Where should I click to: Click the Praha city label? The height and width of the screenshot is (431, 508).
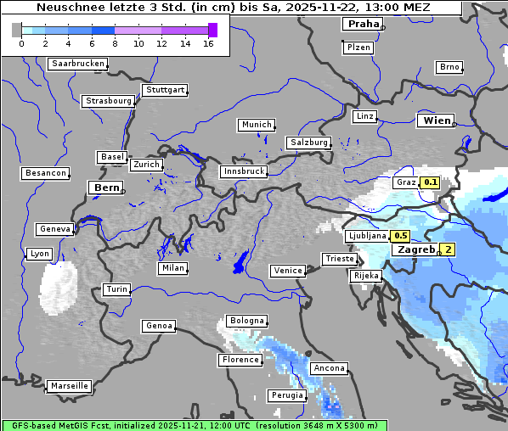click(363, 24)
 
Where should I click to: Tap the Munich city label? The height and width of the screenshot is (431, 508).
click(256, 125)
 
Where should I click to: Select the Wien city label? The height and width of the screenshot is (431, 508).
click(437, 121)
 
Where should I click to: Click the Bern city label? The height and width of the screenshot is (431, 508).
click(106, 188)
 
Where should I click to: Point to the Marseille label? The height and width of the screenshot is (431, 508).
click(69, 386)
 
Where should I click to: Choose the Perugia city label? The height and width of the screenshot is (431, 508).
click(286, 395)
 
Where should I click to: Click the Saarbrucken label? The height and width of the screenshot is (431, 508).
click(78, 64)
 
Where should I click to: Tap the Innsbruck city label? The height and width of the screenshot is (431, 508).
click(243, 171)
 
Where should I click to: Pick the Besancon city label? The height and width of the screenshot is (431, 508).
click(46, 173)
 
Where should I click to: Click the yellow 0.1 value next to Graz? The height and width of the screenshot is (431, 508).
click(430, 182)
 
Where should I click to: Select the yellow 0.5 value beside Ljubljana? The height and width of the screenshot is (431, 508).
click(401, 236)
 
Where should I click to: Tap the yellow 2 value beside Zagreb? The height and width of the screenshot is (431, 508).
click(448, 249)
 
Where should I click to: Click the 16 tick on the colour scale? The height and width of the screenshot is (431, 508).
click(208, 43)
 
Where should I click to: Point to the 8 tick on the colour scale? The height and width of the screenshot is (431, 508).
click(114, 43)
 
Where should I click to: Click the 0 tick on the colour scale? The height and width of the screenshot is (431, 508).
click(20, 43)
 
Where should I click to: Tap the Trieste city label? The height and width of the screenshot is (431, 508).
click(339, 259)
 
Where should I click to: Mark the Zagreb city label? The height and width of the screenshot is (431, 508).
click(414, 249)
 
